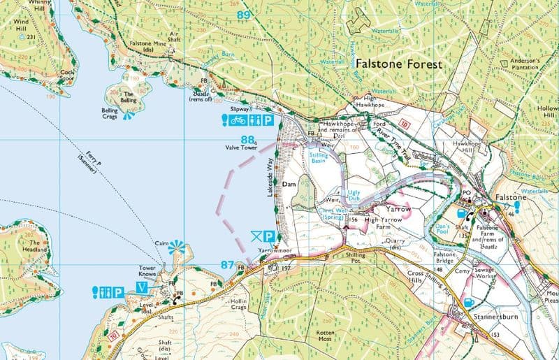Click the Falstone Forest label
click(x=399, y=64)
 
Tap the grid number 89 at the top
click(x=244, y=15)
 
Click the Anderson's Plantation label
click(x=525, y=65)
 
